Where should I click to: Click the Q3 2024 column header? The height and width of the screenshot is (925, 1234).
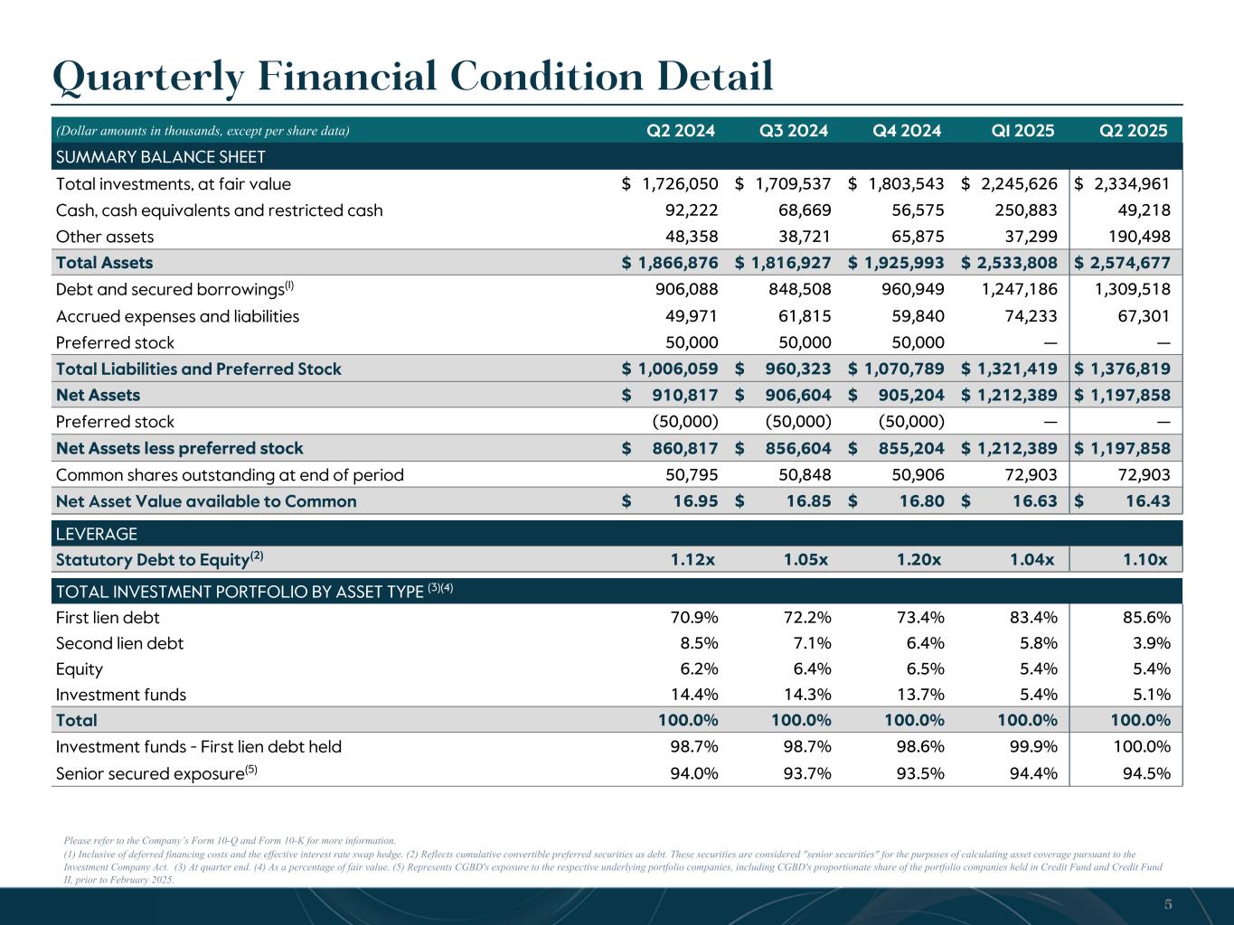coord(794,130)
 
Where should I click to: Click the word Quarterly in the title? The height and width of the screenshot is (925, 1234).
coord(147,77)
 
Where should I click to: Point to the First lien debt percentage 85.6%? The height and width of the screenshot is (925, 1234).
coord(1145,618)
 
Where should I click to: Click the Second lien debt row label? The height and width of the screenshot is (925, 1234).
coord(119,643)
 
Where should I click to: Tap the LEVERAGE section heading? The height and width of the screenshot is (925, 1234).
coord(97,534)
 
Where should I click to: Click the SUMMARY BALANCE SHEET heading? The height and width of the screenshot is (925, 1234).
coord(161,157)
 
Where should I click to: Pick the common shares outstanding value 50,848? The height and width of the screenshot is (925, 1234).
coord(800,475)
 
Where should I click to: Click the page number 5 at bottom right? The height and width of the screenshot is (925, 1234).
coord(1168,904)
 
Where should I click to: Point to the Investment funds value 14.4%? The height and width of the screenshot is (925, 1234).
coord(693,695)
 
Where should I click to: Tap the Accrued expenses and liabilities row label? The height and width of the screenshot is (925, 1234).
coord(177,316)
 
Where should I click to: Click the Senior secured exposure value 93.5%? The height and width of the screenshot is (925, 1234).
coord(919,773)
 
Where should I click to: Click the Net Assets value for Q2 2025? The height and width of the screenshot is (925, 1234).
coord(1123,395)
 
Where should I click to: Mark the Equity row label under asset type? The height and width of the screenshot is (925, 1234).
coord(80,669)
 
